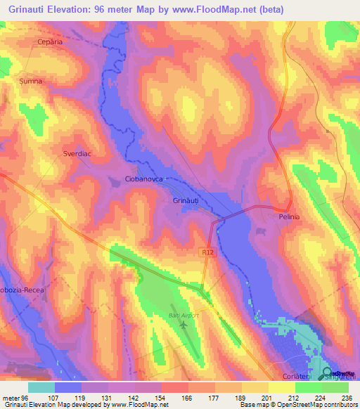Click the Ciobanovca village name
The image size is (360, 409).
[143, 179]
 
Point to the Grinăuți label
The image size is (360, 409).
[188, 200]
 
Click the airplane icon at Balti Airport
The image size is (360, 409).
[185, 325]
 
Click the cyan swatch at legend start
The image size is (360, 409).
[41, 387]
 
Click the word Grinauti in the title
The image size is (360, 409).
[28, 9]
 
